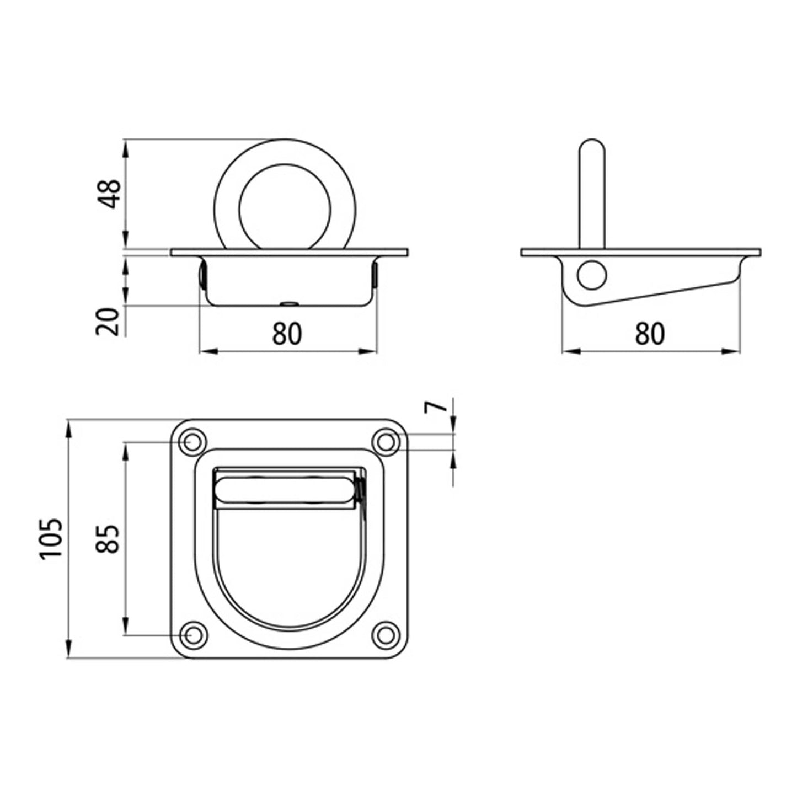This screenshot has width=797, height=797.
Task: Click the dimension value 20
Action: pos(108,322)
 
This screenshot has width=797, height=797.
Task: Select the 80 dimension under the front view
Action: pos(287,334)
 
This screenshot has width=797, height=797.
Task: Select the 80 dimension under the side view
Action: pos(650,334)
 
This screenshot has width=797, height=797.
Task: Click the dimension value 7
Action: pos(435,407)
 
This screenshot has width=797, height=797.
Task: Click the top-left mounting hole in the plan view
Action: pos(192,442)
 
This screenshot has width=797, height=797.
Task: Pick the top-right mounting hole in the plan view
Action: pos(386,442)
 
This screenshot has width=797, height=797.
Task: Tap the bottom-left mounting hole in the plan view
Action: pos(192,635)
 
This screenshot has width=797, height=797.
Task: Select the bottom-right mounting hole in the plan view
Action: pos(386,635)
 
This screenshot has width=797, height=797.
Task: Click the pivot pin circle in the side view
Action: pos(592,275)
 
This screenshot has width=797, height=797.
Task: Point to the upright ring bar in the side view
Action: pos(592,193)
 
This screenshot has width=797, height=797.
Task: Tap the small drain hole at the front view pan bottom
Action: pos(288,303)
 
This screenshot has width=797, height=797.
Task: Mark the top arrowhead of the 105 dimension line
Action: pos(69,427)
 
